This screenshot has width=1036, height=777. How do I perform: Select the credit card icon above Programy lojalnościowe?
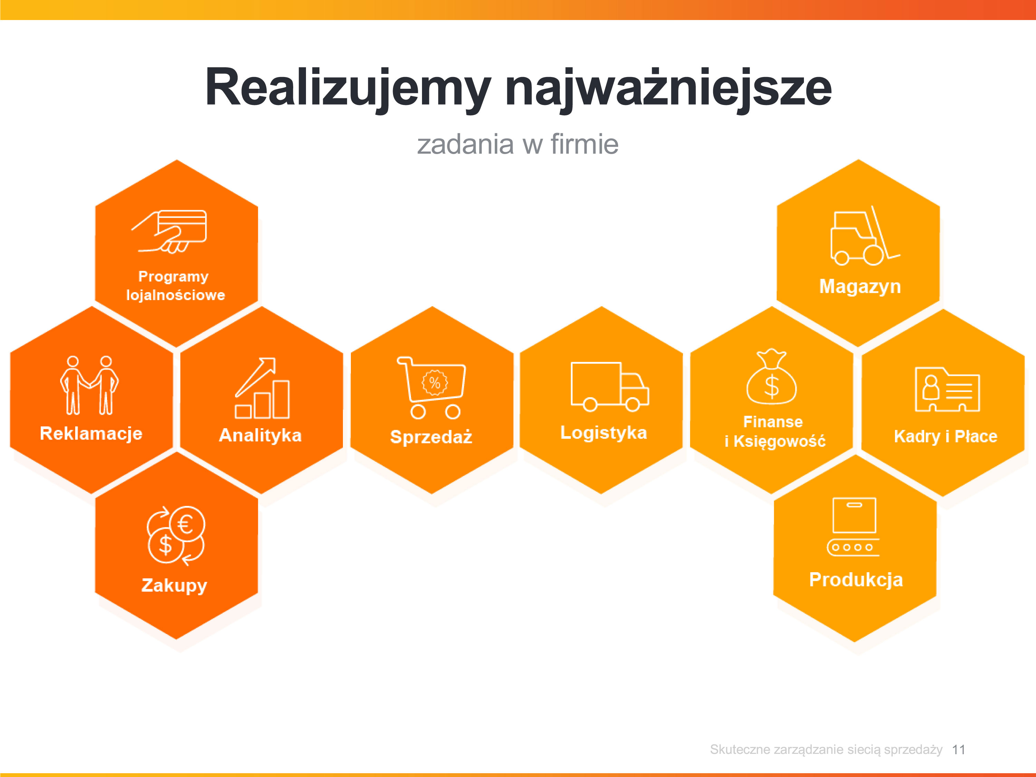(x=169, y=231)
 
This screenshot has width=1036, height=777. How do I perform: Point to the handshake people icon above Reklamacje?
(x=89, y=385)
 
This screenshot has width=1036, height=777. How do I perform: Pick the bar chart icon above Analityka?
(x=262, y=388)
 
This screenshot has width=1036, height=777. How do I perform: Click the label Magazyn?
(x=860, y=287)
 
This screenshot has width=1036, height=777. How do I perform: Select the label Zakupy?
(x=174, y=585)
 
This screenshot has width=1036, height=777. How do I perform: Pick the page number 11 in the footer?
(x=959, y=749)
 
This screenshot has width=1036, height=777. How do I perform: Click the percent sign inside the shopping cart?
(x=435, y=383)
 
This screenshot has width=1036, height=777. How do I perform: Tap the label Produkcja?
(x=856, y=580)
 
